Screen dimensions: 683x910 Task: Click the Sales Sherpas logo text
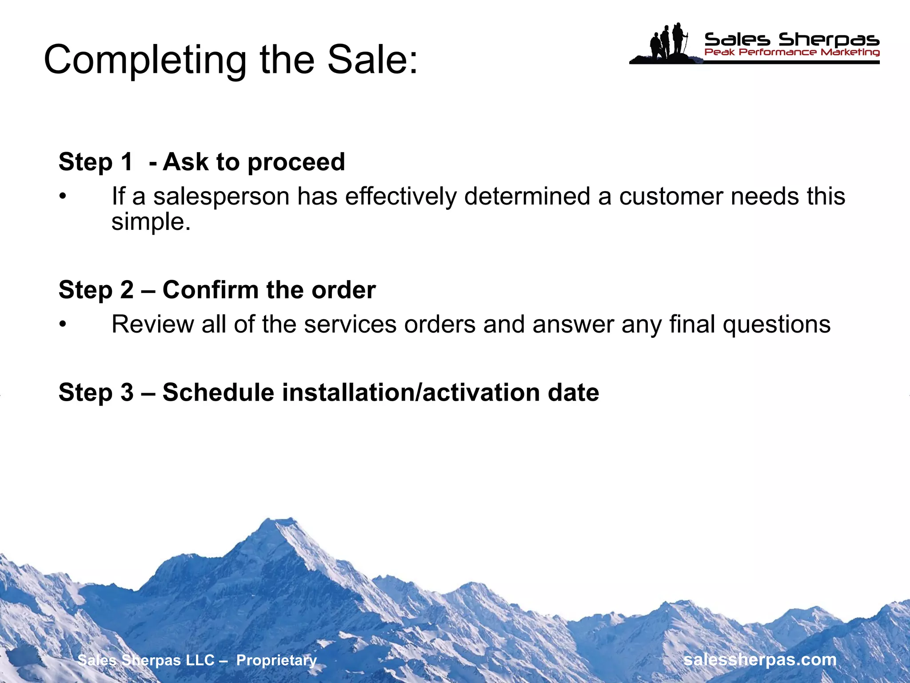click(791, 40)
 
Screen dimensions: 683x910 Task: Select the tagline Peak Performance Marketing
click(791, 52)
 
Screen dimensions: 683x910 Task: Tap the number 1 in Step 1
click(127, 161)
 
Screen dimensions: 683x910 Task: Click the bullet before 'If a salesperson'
click(63, 196)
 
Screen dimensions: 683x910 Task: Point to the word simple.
click(150, 221)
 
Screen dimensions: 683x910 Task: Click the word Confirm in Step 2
click(210, 290)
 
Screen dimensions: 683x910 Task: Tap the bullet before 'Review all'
click(63, 324)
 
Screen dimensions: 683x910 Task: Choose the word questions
click(776, 324)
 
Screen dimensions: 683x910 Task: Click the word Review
click(152, 324)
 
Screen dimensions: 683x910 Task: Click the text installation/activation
click(411, 392)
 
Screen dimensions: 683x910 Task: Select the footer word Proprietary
click(276, 660)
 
